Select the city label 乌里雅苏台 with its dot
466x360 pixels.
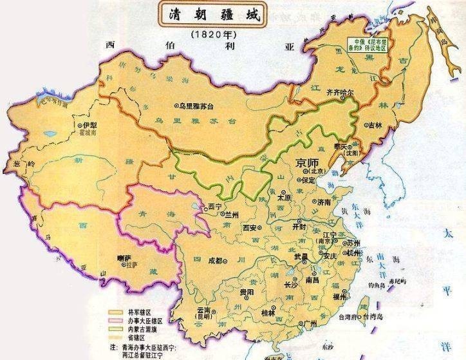click(199, 105)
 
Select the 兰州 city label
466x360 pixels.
click(230, 214)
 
